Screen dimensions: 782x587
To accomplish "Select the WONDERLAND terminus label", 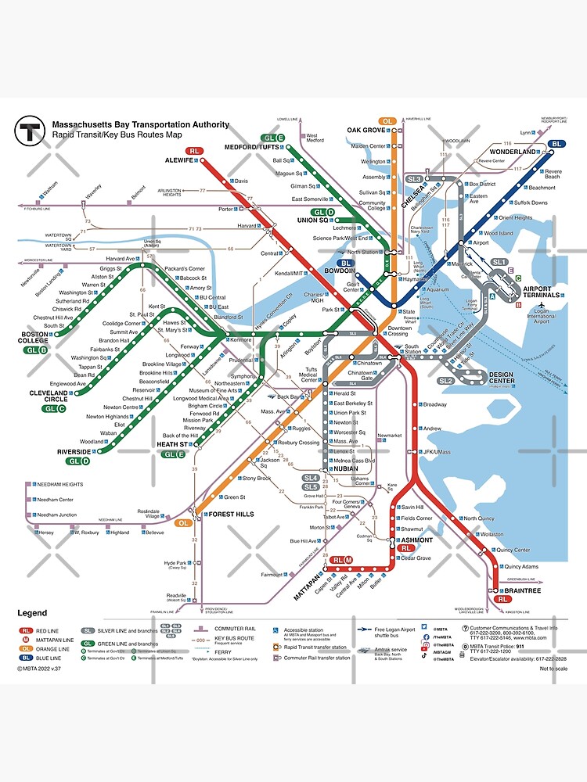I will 513,152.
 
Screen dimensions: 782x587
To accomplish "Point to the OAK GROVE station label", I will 367,130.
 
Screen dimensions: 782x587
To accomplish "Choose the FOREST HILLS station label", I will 229,515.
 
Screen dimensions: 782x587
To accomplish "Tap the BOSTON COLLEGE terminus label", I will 34,339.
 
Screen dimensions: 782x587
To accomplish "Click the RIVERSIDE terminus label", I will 74,452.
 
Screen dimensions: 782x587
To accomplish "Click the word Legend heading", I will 32,613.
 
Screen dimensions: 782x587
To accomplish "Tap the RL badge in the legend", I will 26,630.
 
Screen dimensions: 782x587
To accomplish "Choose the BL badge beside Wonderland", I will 556,144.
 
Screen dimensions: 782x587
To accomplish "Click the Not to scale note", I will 553,669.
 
